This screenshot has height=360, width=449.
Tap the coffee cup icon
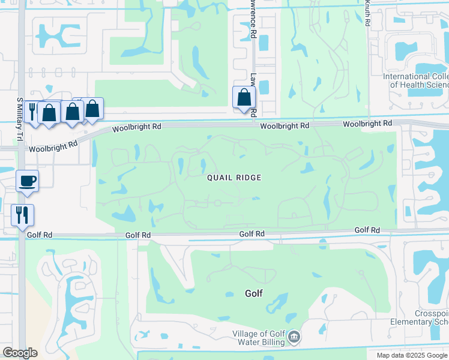[x=28, y=181]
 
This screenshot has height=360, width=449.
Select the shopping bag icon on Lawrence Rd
[x=244, y=97]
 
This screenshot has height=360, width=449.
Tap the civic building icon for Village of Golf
[x=294, y=337]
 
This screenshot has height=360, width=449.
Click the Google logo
[x=20, y=353]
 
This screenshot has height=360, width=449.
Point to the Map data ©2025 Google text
[x=412, y=355]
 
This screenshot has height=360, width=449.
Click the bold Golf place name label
[x=254, y=294]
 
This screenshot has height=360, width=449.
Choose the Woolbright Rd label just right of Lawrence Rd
[x=285, y=126]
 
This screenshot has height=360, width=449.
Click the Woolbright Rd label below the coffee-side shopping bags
[x=53, y=145]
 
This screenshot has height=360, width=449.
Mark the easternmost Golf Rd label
[x=367, y=230]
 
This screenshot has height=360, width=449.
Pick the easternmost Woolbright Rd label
[x=367, y=123]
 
